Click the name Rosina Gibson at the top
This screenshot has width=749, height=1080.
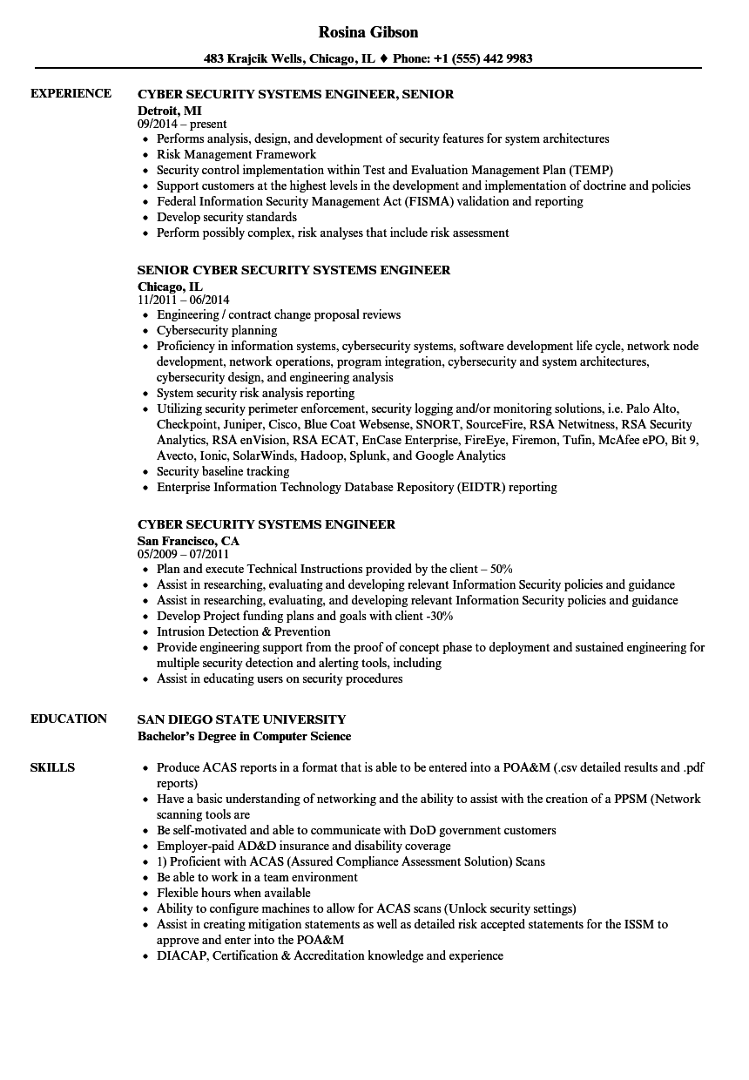pos(368,32)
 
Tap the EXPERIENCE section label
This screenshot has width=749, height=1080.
pos(71,94)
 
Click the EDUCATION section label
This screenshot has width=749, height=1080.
pos(69,719)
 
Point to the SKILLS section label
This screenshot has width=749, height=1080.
pos(52,768)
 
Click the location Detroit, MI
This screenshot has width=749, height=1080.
pos(169,111)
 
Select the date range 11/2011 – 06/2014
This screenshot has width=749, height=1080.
pos(184,300)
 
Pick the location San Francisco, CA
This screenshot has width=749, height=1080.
pos(188,541)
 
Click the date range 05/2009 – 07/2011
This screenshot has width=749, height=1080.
pos(184,554)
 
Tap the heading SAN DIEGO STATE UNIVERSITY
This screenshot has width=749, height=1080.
pos(241,719)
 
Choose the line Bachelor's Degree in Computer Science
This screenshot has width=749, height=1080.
pos(245,736)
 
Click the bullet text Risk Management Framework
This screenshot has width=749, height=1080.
pos(236,154)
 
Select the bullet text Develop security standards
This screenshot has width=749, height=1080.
pos(226,217)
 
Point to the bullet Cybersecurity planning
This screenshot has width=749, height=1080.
pos(217,330)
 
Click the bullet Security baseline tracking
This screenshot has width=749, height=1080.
pos(223,471)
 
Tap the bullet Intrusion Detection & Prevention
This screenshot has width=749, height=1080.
pos(244,631)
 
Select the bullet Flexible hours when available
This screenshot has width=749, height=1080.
pos(233,893)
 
